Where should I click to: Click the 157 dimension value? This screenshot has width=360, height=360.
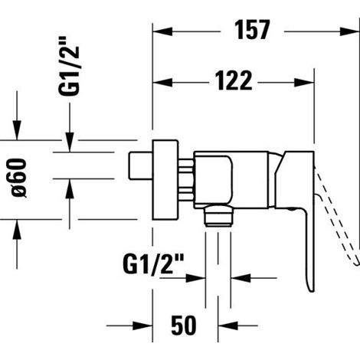252,30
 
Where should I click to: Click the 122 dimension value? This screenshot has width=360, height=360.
234,80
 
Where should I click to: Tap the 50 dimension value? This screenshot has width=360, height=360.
184,326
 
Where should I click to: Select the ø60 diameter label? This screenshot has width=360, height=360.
19,178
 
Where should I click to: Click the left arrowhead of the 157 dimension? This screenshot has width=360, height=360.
162,31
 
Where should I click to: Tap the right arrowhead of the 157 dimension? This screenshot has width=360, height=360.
349,31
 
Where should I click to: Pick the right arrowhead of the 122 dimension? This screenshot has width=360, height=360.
304,83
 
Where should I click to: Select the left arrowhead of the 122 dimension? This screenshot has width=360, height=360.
162,83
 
